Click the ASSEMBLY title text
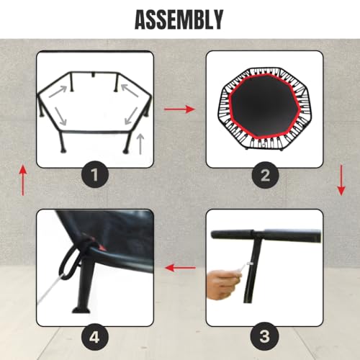pyautogui.click(x=179, y=19)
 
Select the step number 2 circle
pyautogui.click(x=264, y=173)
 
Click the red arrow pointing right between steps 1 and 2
pyautogui.click(x=179, y=109)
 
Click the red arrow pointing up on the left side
pyautogui.click(x=22, y=180)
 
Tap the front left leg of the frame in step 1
pyautogui.click(x=64, y=142)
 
